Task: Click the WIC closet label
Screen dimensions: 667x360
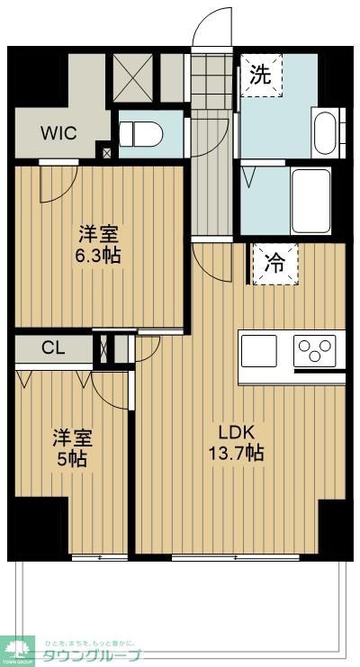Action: [x=58, y=133]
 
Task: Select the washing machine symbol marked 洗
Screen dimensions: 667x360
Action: [x=260, y=76]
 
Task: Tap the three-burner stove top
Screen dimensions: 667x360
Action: [x=315, y=350]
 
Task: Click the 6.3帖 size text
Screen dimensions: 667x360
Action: [x=97, y=256]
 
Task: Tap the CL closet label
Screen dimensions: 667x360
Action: [x=52, y=347]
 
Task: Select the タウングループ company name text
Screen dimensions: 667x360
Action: [x=93, y=655]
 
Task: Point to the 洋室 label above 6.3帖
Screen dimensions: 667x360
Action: [x=97, y=234]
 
